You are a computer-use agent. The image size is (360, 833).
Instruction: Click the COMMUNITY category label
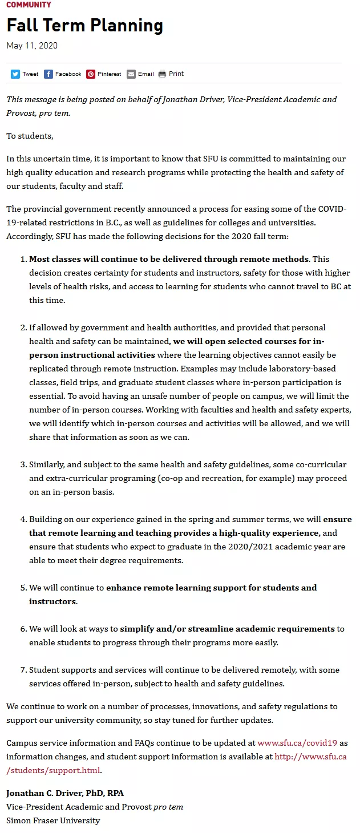pyautogui.click(x=29, y=5)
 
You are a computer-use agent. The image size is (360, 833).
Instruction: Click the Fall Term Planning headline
pyautogui.click(x=84, y=26)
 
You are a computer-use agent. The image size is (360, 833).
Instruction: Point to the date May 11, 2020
pyautogui.click(x=32, y=46)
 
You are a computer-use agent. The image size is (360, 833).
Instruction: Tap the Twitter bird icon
pyautogui.click(x=15, y=74)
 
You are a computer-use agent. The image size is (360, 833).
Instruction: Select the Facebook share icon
pyautogui.click(x=48, y=74)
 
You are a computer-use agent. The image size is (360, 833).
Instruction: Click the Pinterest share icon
pyautogui.click(x=91, y=74)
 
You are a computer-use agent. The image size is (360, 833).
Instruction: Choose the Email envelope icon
pyautogui.click(x=131, y=74)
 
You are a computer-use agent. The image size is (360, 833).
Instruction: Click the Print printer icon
pyautogui.click(x=163, y=74)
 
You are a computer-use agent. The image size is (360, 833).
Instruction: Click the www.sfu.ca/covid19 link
pyautogui.click(x=297, y=743)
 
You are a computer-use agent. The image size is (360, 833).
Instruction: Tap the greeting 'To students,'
pyautogui.click(x=30, y=136)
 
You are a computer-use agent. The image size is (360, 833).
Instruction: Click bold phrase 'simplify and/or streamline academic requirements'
pyautogui.click(x=227, y=629)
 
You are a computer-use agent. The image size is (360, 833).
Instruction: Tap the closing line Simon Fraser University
pyautogui.click(x=53, y=820)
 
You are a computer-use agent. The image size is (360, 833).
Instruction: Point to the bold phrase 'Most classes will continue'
pyautogui.click(x=86, y=259)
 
